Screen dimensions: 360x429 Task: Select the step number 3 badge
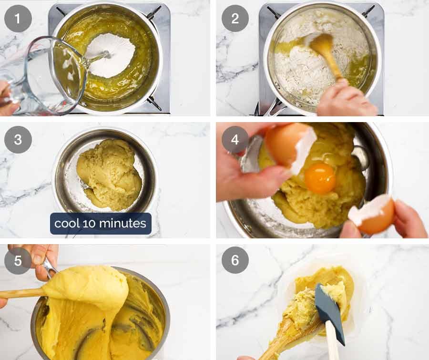click(18, 140)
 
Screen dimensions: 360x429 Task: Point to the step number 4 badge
click(235, 140)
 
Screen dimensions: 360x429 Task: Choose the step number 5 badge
click(18, 260)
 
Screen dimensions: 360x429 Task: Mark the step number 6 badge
click(235, 260)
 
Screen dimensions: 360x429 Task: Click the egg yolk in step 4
click(320, 178)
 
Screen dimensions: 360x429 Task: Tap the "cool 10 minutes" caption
click(101, 223)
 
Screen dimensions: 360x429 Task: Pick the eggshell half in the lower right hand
click(373, 215)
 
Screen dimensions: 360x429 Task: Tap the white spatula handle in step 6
click(332, 346)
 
